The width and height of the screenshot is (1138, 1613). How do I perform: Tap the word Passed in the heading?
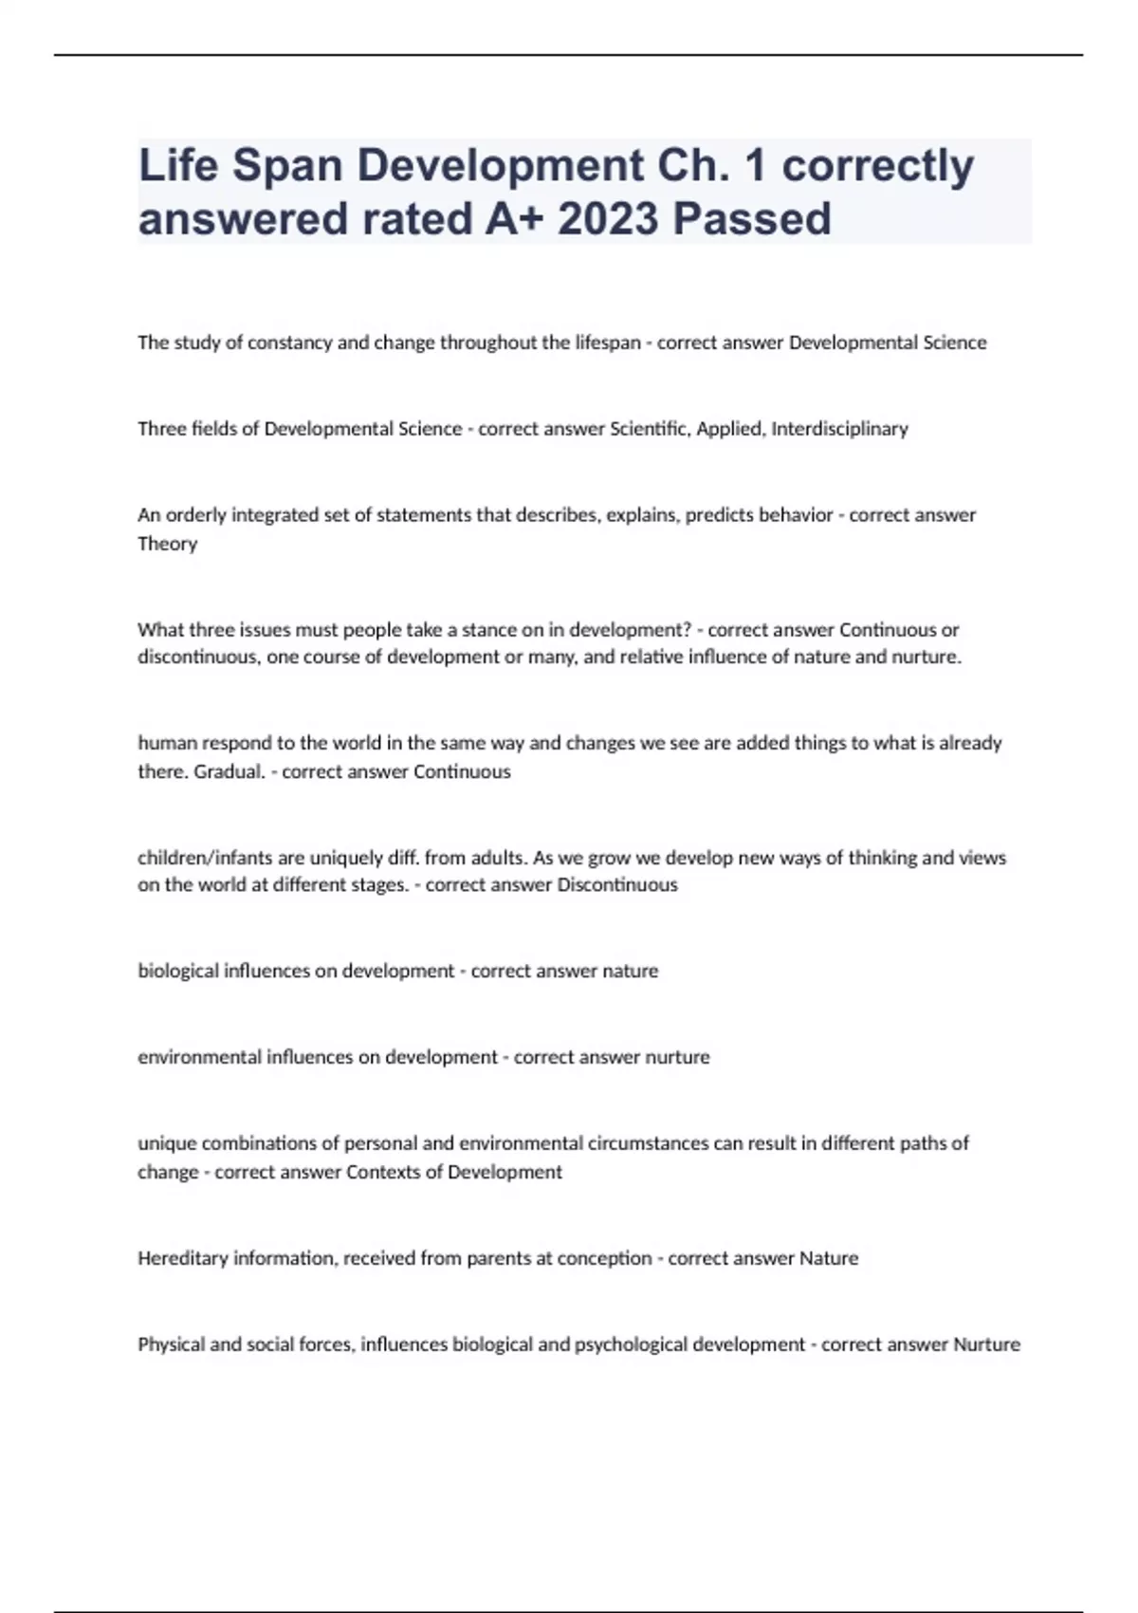coord(752,218)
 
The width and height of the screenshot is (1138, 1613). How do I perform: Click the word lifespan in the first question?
coord(608,343)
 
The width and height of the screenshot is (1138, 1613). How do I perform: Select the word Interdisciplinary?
coord(839,429)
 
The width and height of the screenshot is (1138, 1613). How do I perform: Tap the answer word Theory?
coord(167,544)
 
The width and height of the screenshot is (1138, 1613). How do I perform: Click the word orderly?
coord(195,515)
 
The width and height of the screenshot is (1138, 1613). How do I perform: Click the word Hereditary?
coord(183,1258)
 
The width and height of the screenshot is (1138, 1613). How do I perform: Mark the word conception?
coord(604,1258)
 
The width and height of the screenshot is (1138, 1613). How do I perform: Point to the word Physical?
coord(171,1344)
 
